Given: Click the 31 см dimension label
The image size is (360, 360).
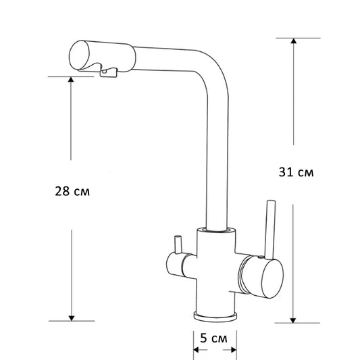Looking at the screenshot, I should tap(295, 172).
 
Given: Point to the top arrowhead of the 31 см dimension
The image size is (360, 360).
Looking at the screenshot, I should tap(293, 42).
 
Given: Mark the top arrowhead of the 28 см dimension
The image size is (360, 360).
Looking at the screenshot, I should tap(71, 80).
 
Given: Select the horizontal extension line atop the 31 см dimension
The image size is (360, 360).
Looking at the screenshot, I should tap(297, 38).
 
